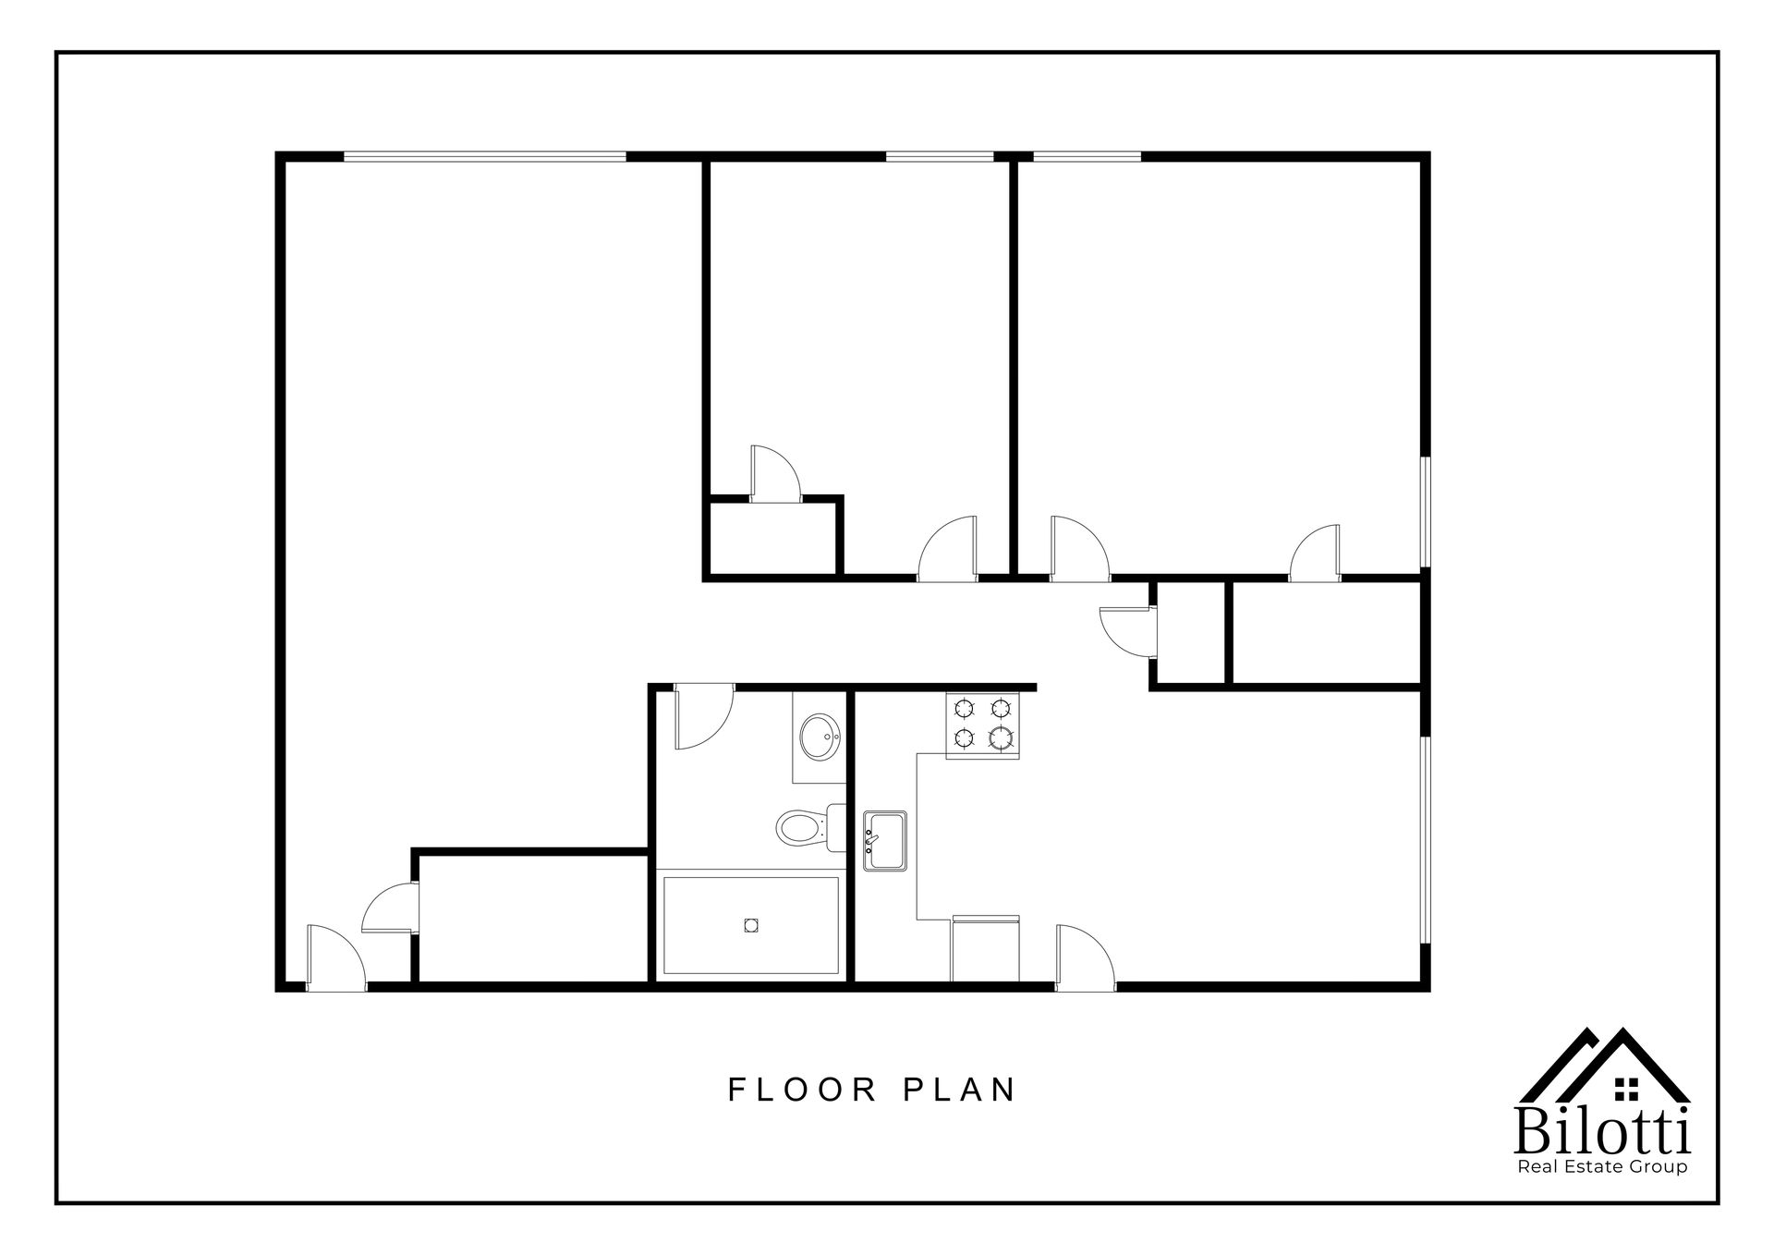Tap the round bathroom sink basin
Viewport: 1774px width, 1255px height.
point(818,737)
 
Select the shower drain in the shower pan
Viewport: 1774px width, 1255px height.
point(750,924)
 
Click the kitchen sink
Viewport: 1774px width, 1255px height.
point(884,840)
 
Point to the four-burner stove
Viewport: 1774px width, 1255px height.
point(982,725)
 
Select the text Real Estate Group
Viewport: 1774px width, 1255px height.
point(1603,1167)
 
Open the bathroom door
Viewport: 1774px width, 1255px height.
point(701,718)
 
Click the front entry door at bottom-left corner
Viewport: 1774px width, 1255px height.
point(334,958)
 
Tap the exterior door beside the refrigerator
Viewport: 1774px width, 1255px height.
point(1084,957)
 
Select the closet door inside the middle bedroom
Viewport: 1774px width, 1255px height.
point(774,474)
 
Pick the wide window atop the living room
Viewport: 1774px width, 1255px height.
point(484,156)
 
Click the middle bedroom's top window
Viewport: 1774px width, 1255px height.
point(940,156)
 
